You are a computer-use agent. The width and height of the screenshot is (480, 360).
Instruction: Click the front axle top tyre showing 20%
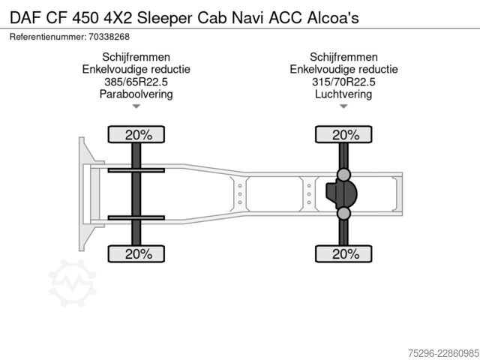(x=136, y=134)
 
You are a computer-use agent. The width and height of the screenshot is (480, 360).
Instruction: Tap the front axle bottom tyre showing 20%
(x=136, y=253)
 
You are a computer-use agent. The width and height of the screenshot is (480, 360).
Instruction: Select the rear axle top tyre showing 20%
(x=343, y=134)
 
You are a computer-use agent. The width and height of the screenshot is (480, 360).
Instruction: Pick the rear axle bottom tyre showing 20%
(x=343, y=253)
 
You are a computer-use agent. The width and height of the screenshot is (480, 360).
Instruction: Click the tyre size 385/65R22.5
(x=136, y=82)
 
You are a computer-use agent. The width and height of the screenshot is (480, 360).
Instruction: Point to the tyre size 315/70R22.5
(x=343, y=82)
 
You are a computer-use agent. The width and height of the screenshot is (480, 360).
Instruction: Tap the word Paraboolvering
(x=136, y=94)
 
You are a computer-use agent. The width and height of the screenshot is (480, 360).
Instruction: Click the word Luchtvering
(x=343, y=94)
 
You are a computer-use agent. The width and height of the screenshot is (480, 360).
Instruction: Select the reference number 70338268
(x=109, y=37)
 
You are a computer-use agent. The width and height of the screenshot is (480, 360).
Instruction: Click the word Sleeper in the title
(x=164, y=18)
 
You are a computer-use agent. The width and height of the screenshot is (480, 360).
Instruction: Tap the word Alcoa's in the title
(x=333, y=18)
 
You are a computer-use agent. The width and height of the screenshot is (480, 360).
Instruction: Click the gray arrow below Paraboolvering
(x=136, y=106)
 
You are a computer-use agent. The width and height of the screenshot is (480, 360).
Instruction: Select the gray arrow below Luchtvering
(x=343, y=106)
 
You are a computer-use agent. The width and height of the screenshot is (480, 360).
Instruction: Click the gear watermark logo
(x=73, y=283)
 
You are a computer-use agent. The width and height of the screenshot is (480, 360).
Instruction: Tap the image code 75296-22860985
(x=443, y=353)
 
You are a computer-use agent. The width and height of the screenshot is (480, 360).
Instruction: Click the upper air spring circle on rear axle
(x=343, y=175)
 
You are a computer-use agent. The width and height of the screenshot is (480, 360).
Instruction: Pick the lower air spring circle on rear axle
(x=343, y=213)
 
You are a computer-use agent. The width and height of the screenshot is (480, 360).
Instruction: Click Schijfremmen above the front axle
(x=136, y=57)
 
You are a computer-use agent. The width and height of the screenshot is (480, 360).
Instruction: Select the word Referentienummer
(x=48, y=37)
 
